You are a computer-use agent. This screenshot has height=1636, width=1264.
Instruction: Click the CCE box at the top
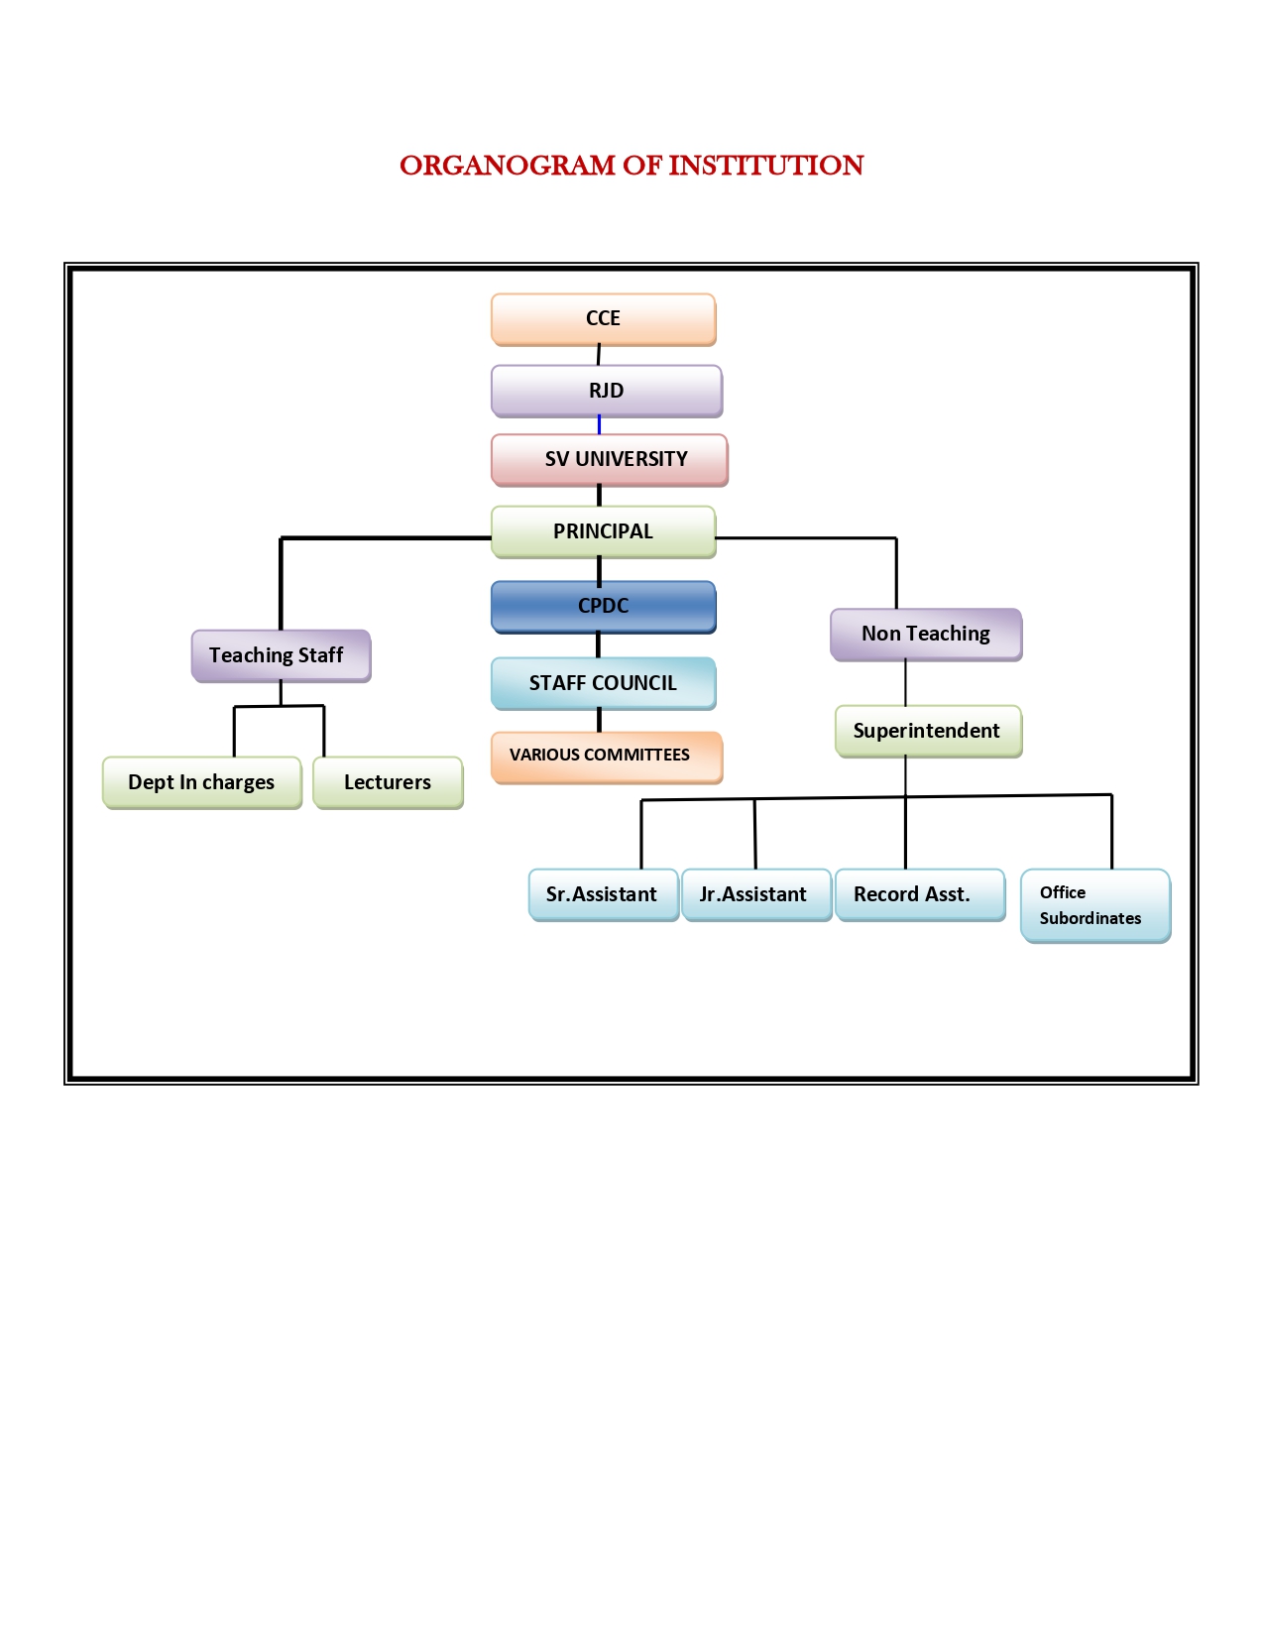(603, 319)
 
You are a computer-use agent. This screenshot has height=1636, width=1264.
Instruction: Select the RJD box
(606, 391)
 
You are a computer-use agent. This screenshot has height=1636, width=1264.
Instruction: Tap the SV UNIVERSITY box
(609, 460)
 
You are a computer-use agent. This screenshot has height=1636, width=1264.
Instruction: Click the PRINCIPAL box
(603, 531)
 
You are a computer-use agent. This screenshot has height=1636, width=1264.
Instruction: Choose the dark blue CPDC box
(603, 606)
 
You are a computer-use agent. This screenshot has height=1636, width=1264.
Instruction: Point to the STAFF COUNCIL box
(603, 683)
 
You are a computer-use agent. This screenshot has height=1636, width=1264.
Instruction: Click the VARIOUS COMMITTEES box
(606, 757)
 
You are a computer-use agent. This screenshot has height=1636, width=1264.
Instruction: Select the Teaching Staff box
(281, 655)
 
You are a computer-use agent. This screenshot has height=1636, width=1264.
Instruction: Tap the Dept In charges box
(201, 782)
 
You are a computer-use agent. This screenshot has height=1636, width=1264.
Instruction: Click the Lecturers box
(388, 782)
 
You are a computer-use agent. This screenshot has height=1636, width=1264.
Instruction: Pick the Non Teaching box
(926, 634)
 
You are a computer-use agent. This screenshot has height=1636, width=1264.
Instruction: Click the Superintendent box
(928, 731)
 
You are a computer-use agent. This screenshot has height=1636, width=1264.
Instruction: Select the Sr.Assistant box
(603, 894)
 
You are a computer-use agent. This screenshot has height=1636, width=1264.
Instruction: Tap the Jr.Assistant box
(755, 894)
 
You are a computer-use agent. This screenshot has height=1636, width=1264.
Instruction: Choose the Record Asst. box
(919, 894)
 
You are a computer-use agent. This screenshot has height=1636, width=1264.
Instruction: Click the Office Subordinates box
(1094, 905)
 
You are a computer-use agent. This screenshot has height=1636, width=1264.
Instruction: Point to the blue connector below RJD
(600, 425)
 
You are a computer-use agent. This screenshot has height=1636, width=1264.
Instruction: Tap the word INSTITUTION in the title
(766, 166)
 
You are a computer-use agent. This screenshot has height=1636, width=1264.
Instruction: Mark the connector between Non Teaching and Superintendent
(905, 683)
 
